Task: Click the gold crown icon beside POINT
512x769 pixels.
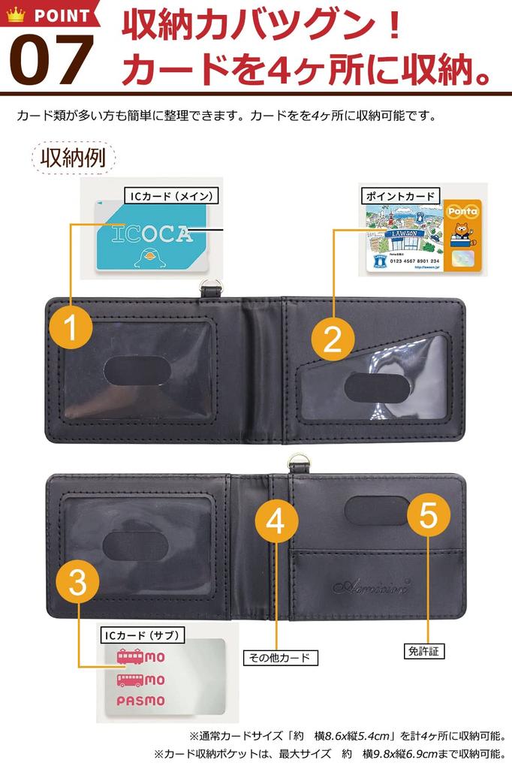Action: pyautogui.click(x=15, y=14)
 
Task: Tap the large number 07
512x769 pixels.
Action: pyautogui.click(x=51, y=60)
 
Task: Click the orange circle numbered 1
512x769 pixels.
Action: pyautogui.click(x=71, y=329)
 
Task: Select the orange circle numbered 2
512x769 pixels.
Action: pyautogui.click(x=333, y=339)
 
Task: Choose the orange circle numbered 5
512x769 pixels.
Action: pyautogui.click(x=429, y=515)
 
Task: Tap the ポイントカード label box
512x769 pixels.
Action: pyautogui.click(x=400, y=196)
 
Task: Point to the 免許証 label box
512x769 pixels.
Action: pyautogui.click(x=423, y=651)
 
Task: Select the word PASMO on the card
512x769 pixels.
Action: pyautogui.click(x=140, y=701)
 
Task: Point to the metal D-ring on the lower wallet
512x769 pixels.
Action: pyautogui.click(x=297, y=463)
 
